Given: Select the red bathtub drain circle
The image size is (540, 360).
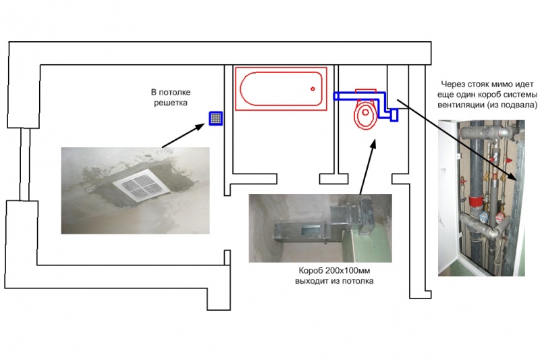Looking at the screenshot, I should pos(313,89).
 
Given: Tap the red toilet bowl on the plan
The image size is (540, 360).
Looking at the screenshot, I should pos(365,115).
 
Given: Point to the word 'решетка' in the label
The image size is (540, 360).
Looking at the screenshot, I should pos(169,103).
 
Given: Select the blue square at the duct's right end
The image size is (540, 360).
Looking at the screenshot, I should pos(394,114).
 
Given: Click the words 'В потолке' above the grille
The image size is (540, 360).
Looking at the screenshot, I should pos(169,92).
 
